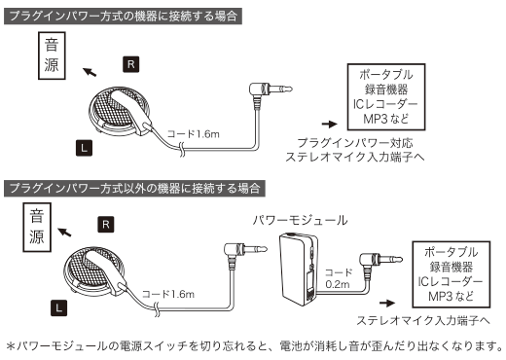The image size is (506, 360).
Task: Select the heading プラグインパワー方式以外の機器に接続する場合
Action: point(135,186)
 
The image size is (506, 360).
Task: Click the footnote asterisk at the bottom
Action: point(11,345)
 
